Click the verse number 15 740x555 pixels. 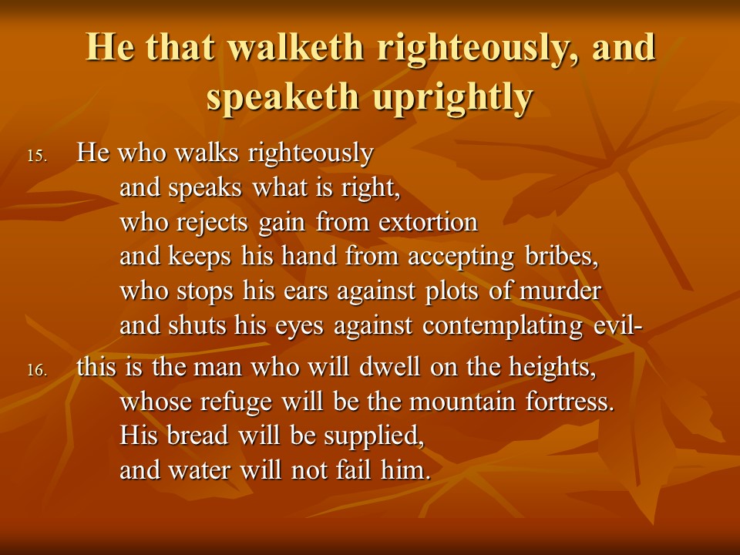(37, 156)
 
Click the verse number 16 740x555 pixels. (37, 370)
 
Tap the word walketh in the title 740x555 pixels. (296, 47)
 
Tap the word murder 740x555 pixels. (560, 291)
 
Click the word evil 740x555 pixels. (614, 325)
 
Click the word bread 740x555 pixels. (198, 435)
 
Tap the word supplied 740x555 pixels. (375, 436)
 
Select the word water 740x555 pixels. (199, 470)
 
